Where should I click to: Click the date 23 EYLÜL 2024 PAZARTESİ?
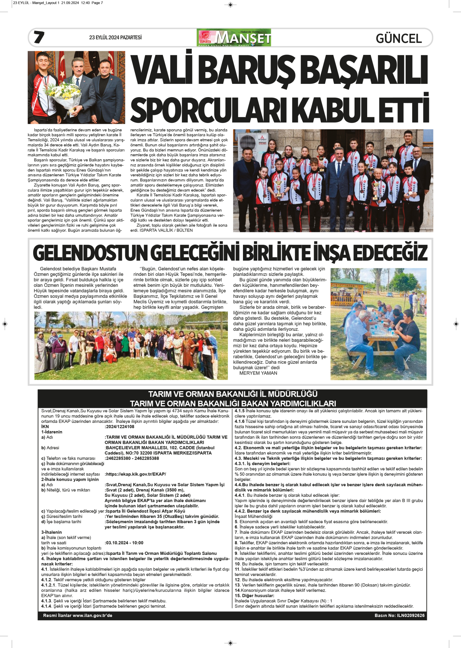[115, 38]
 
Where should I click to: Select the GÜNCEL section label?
[399, 38]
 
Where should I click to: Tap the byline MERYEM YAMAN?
[258, 373]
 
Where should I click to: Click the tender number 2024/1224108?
[120, 427]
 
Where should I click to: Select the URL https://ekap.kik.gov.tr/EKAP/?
[135, 474]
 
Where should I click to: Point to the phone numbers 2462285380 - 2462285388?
[132, 458]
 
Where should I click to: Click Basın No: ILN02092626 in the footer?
[399, 616]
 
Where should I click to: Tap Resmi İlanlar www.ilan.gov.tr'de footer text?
[77, 616]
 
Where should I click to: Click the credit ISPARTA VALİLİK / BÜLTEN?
[166, 230]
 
